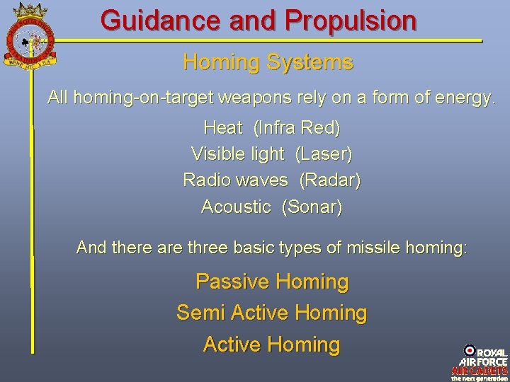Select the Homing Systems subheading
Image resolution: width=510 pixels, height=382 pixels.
[268, 62]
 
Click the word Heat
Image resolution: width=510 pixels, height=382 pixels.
[222, 128]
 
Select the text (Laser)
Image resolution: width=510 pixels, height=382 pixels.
[323, 154]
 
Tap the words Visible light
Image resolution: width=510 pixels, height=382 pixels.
[237, 154]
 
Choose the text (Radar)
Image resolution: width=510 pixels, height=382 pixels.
[330, 180]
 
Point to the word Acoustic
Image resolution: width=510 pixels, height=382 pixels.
[236, 207]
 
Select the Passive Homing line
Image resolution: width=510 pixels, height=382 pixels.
[272, 282]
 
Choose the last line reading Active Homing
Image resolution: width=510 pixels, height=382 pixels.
[271, 345]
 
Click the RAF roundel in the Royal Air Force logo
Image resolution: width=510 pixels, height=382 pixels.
[470, 350]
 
